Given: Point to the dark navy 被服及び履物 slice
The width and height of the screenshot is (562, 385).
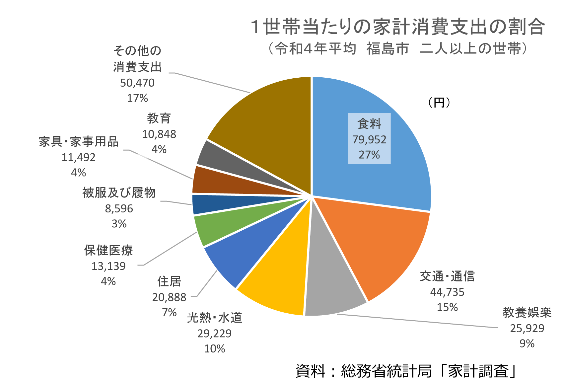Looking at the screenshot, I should click(212, 203).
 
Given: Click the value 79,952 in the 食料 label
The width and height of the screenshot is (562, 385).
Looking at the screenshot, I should click(369, 140).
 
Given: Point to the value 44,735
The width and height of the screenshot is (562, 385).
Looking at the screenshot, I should click(447, 292).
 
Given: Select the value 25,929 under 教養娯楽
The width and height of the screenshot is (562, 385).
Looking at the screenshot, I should click(527, 328).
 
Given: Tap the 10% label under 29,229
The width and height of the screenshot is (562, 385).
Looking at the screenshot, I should click(214, 348).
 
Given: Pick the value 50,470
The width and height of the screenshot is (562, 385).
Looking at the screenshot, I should click(137, 83).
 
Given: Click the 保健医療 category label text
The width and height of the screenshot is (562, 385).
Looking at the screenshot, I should click(108, 250).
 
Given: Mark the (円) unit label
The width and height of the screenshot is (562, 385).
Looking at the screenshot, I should click(439, 103).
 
